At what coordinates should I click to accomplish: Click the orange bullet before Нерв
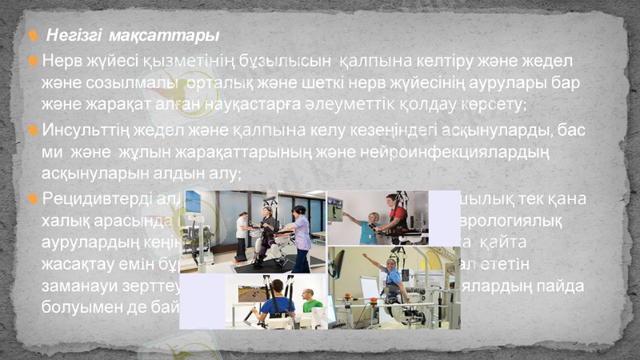[34, 62]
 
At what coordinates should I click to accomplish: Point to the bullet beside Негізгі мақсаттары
[34, 36]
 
